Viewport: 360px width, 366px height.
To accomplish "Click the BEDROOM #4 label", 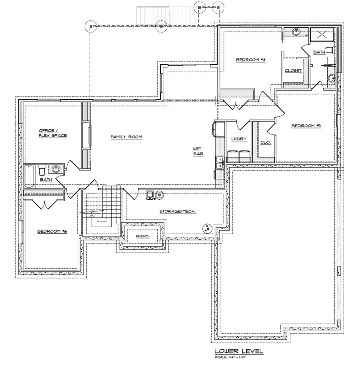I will (251, 60).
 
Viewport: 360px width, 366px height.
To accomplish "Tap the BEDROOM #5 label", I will (306, 126).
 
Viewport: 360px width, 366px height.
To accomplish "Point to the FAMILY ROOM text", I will (126, 137).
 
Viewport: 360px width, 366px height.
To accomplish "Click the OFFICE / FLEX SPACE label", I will (53, 133).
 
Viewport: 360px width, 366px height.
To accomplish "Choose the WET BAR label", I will (198, 151).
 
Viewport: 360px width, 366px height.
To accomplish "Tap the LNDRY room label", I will (239, 139).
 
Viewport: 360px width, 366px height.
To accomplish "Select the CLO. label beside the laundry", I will (266, 142).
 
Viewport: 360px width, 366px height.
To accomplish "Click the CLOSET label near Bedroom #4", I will (293, 71).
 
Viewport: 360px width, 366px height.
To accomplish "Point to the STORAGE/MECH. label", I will (178, 211).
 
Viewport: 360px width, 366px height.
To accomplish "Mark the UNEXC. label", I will (142, 236).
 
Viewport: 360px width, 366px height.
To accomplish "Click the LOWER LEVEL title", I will (239, 351).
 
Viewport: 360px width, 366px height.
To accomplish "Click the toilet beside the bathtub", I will (42, 172).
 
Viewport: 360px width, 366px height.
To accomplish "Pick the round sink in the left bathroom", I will (56, 169).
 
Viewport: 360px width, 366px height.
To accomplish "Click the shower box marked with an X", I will (322, 35).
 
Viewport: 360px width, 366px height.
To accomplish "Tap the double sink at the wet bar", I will (220, 163).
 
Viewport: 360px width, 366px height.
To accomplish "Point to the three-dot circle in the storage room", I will (207, 228).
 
